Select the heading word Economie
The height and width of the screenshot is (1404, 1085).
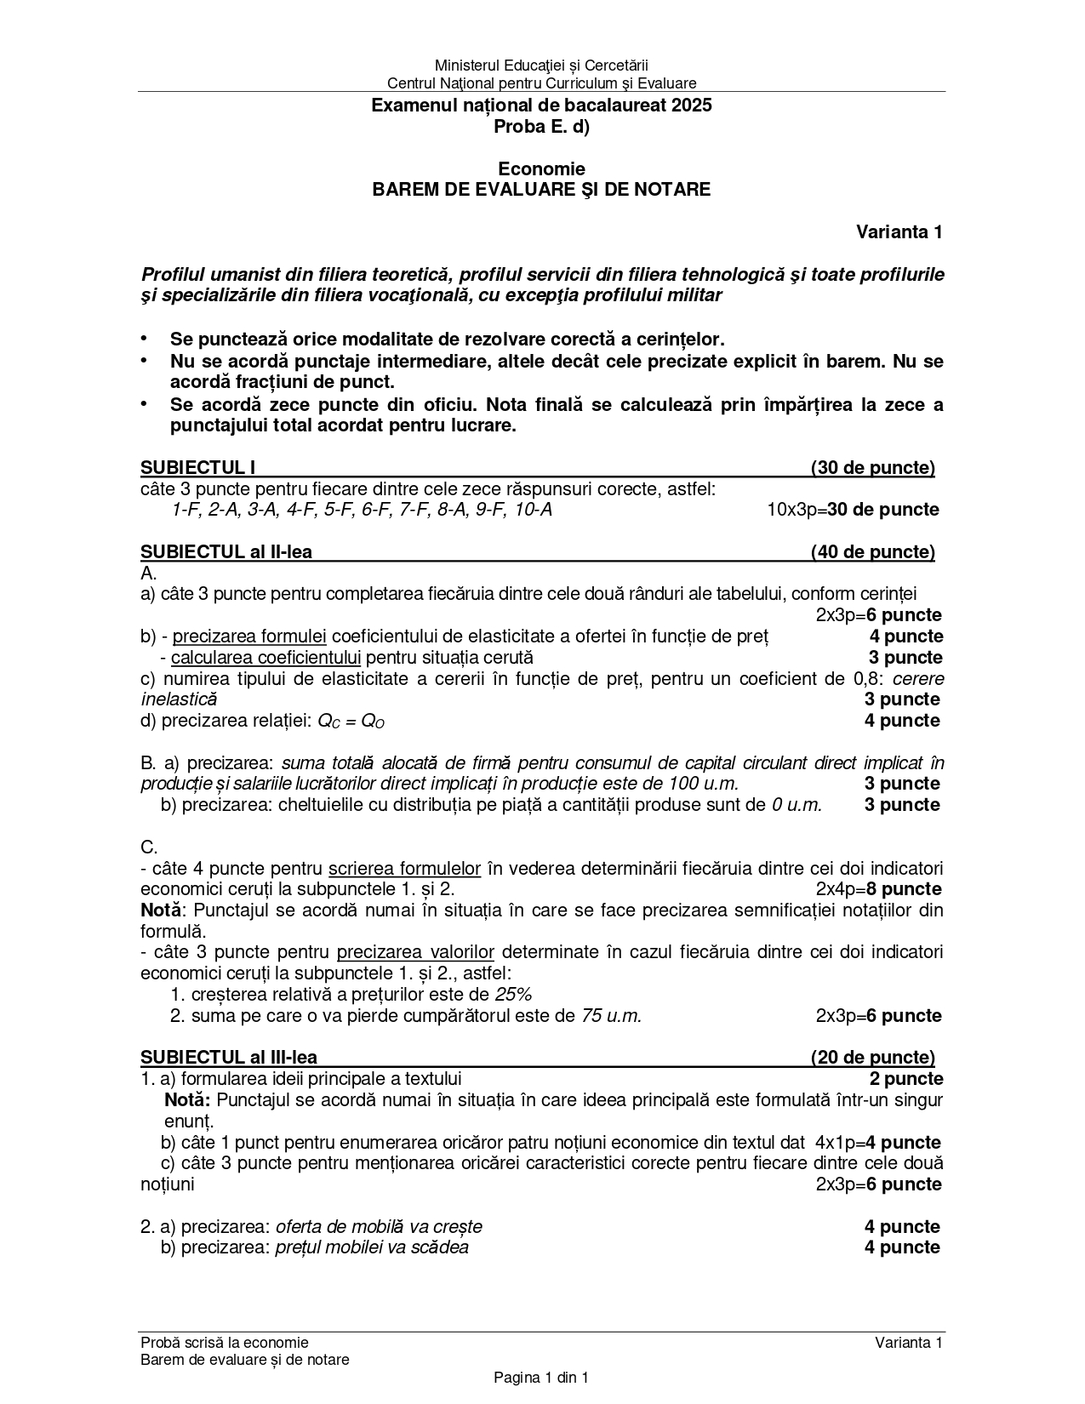tap(541, 168)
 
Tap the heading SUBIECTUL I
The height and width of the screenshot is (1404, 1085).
tap(198, 467)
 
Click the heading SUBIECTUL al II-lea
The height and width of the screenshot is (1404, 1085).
tap(226, 551)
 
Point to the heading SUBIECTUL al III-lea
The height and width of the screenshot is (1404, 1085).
tap(229, 1057)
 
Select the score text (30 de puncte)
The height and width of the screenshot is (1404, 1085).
tap(872, 467)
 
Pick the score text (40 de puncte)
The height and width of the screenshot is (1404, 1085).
tap(872, 551)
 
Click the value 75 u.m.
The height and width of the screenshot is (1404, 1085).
tap(611, 1015)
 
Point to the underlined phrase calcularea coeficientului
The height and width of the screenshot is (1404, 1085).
tap(266, 657)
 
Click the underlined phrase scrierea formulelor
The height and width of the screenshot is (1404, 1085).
tap(405, 868)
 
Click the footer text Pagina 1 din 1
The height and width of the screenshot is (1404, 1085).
tap(541, 1377)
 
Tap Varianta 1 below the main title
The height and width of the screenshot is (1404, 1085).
tap(899, 231)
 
